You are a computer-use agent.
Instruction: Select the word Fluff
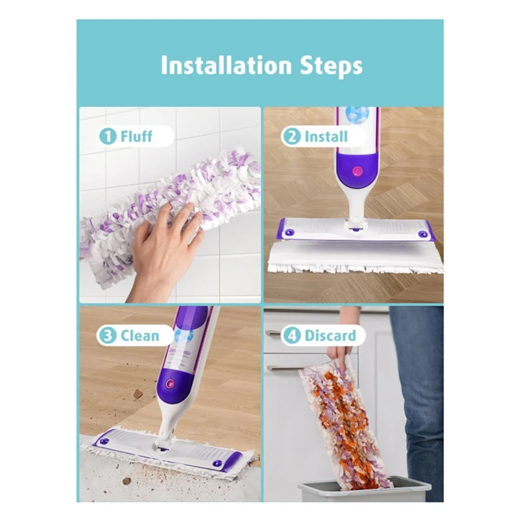tap(136, 136)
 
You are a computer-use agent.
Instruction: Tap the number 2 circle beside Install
tap(292, 137)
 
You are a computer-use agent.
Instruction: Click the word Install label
tap(326, 137)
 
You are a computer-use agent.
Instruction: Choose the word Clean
tap(139, 335)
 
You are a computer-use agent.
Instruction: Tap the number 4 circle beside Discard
tap(293, 335)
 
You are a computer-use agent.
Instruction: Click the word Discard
tap(330, 335)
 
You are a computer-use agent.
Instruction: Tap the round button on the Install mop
tap(356, 171)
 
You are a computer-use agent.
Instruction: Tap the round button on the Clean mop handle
tap(171, 383)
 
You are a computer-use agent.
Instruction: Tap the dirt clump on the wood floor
tap(138, 394)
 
